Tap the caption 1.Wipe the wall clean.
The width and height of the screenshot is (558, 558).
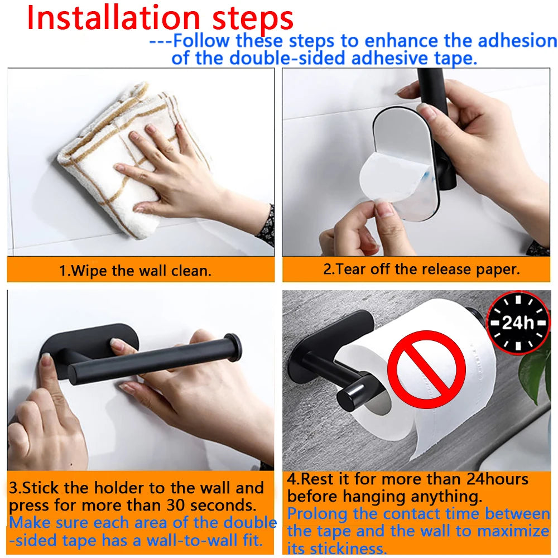[136, 271]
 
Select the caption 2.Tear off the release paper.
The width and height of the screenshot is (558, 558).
[421, 269]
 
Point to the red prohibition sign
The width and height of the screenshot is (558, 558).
[426, 369]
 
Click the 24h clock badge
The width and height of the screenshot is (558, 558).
[518, 323]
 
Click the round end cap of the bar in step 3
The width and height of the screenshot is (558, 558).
[233, 348]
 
